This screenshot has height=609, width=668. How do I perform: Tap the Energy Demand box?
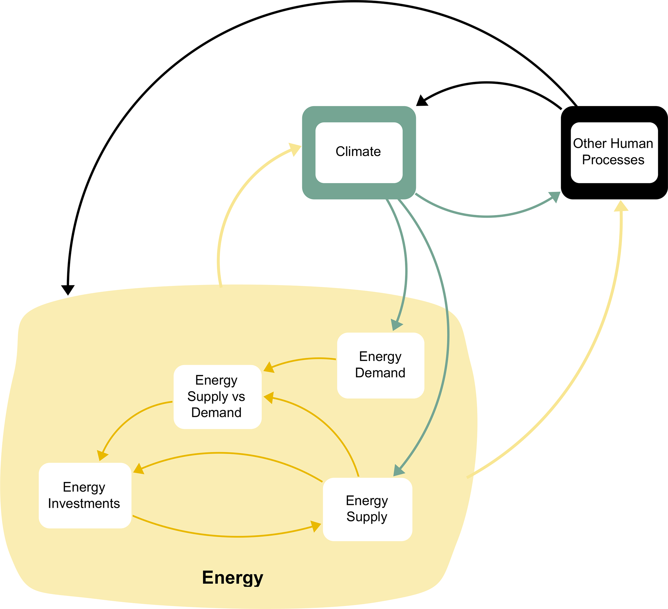[380, 365]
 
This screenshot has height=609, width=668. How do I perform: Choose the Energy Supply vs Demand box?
[217, 397]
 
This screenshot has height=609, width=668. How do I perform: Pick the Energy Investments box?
[85, 495]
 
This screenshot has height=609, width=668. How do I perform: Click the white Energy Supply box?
[367, 509]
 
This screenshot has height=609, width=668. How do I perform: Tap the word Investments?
[84, 504]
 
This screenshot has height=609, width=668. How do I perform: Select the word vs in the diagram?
[238, 397]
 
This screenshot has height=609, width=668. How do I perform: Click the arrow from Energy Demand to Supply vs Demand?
[302, 360]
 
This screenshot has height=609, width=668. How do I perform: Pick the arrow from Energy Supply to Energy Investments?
[228, 453]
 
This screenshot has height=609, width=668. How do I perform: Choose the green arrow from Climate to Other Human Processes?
[487, 216]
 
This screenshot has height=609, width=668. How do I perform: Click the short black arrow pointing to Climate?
[487, 83]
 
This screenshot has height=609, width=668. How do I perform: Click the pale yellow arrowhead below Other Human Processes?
[621, 206]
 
